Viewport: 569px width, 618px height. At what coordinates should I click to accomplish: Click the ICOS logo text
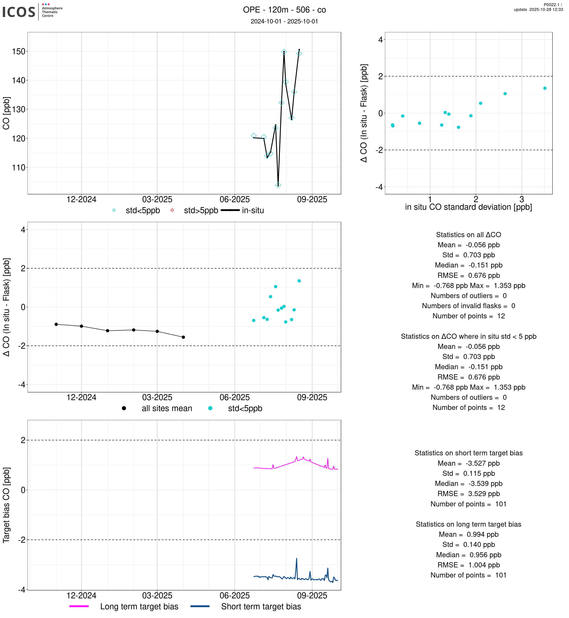[x=18, y=12]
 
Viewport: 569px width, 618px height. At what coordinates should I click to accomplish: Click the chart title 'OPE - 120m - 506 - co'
[x=284, y=10]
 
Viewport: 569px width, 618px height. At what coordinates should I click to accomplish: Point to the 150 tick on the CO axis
[x=18, y=51]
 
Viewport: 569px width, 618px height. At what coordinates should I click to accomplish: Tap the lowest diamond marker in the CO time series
[x=278, y=185]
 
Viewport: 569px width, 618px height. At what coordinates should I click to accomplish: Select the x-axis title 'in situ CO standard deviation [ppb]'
[x=468, y=207]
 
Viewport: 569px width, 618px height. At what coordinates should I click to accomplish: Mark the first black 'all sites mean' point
[x=56, y=324]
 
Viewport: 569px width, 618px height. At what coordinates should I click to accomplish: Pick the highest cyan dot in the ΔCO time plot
[x=299, y=281]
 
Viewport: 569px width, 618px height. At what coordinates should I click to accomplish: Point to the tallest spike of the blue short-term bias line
[x=297, y=559]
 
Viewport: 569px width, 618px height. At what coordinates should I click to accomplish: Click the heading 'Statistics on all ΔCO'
[x=468, y=235]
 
